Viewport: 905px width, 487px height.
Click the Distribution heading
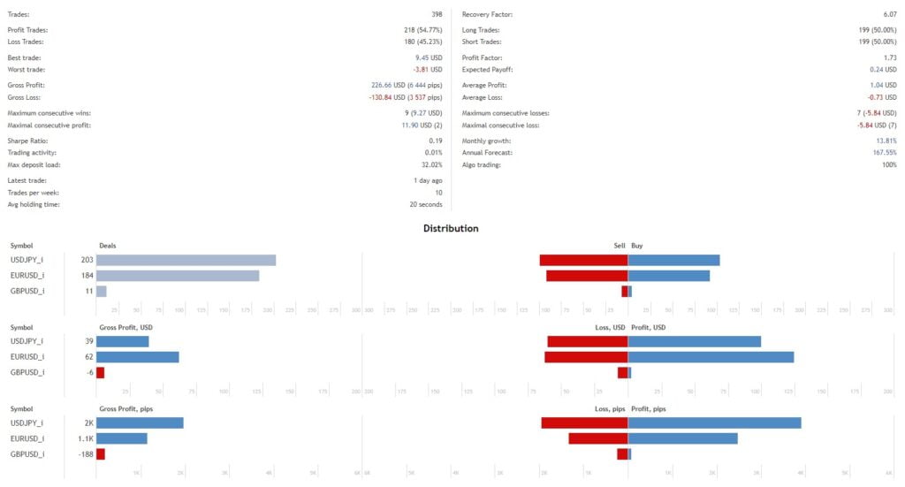point(451,228)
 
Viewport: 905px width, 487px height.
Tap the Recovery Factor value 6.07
point(889,15)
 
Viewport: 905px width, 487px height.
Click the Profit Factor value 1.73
point(889,57)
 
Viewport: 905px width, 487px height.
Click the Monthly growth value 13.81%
point(886,141)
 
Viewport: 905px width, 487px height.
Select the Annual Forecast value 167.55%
point(884,153)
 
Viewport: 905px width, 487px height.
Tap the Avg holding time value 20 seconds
point(426,205)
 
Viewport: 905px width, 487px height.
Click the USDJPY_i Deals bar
point(186,260)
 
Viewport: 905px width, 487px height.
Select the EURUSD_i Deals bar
point(177,276)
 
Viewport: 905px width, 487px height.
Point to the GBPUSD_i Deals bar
point(101,291)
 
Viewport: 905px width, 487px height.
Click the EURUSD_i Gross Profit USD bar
point(137,357)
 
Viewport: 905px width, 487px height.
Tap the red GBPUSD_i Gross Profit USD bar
point(100,372)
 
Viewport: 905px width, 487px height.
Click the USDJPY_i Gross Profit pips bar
point(140,422)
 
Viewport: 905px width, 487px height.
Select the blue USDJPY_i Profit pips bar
point(714,422)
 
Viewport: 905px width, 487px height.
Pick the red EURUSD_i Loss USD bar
point(586,357)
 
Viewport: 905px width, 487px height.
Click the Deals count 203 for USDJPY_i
point(87,260)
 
